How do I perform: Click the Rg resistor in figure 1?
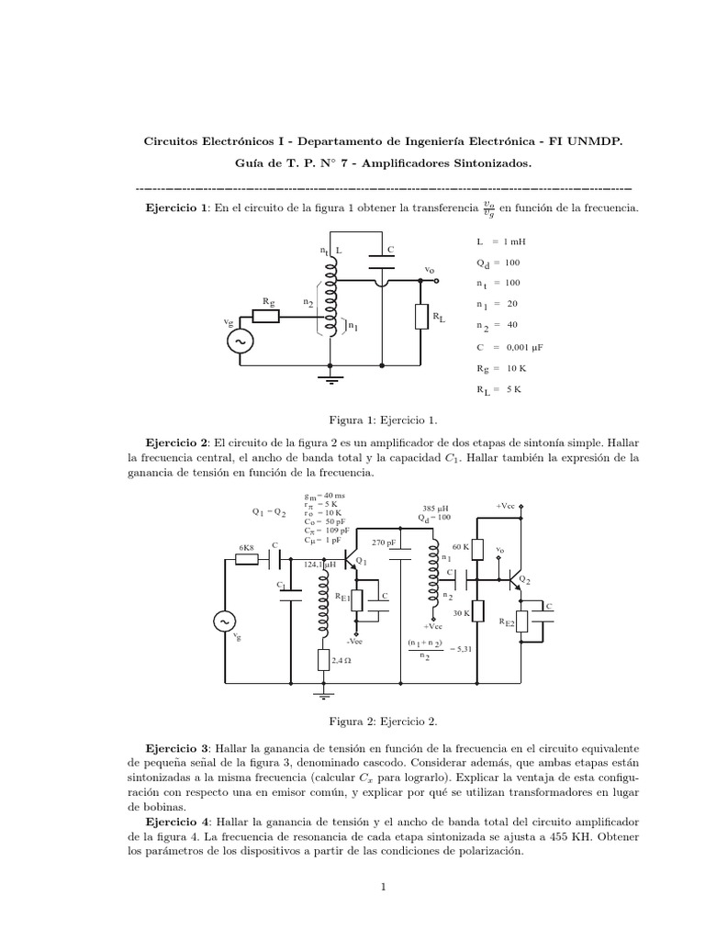tap(266, 316)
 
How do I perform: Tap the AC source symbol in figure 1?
tap(243, 341)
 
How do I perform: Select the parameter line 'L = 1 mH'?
tap(500, 241)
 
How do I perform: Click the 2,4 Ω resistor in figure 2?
tap(323, 660)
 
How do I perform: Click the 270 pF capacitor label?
tap(384, 543)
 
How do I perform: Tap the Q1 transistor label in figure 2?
tap(361, 562)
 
